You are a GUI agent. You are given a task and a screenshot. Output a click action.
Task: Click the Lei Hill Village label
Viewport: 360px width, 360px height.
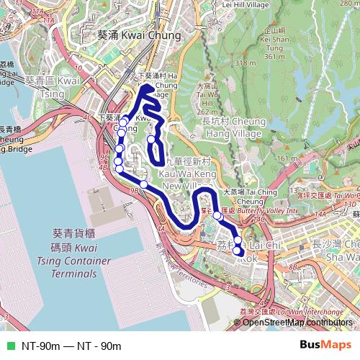[246, 4]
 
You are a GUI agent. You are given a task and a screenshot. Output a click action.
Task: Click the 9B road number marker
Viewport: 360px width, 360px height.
[133, 192]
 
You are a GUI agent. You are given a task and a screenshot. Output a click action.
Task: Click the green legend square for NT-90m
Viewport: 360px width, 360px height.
[10, 346]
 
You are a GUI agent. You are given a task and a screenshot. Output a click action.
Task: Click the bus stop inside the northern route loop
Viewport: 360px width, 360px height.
[151, 139]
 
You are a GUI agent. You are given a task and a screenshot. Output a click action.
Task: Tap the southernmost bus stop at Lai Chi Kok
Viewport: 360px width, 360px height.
[238, 251]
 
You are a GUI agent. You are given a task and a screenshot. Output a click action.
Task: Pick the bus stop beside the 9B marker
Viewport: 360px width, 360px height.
[144, 185]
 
